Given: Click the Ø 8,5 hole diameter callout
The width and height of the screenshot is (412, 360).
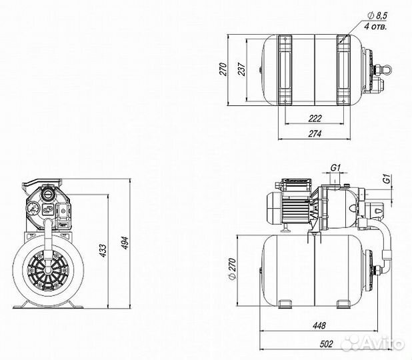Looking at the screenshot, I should click(x=379, y=16).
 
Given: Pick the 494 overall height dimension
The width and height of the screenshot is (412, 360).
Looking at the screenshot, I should click(x=125, y=245).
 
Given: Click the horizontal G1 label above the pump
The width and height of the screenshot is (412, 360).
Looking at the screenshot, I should click(x=335, y=167).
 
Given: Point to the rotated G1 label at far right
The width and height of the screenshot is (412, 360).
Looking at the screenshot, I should click(x=385, y=179).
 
